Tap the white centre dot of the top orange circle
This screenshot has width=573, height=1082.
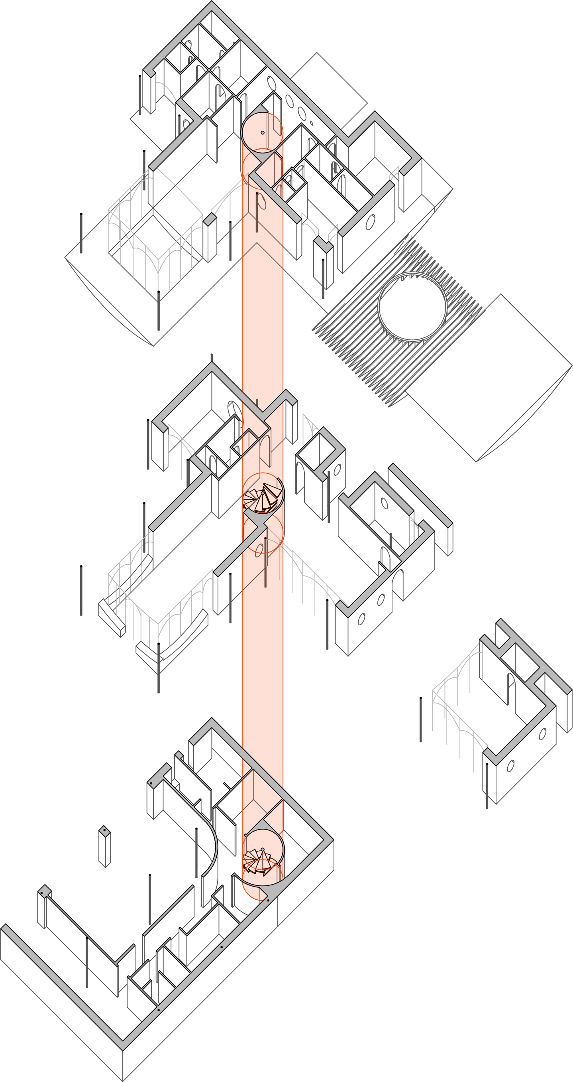[x=263, y=133]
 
